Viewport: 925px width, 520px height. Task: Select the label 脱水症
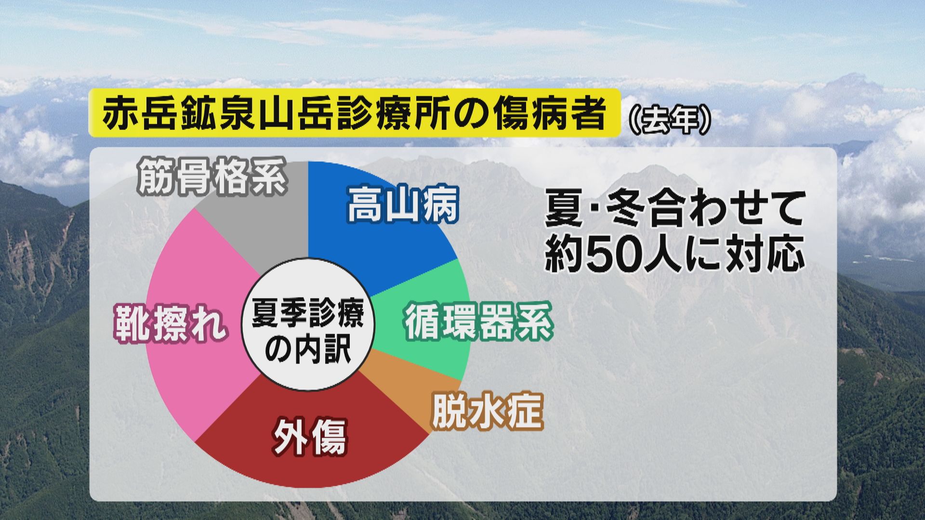click(488, 412)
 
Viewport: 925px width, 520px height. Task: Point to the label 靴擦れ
click(170, 325)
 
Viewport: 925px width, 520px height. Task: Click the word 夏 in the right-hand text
click(563, 212)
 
